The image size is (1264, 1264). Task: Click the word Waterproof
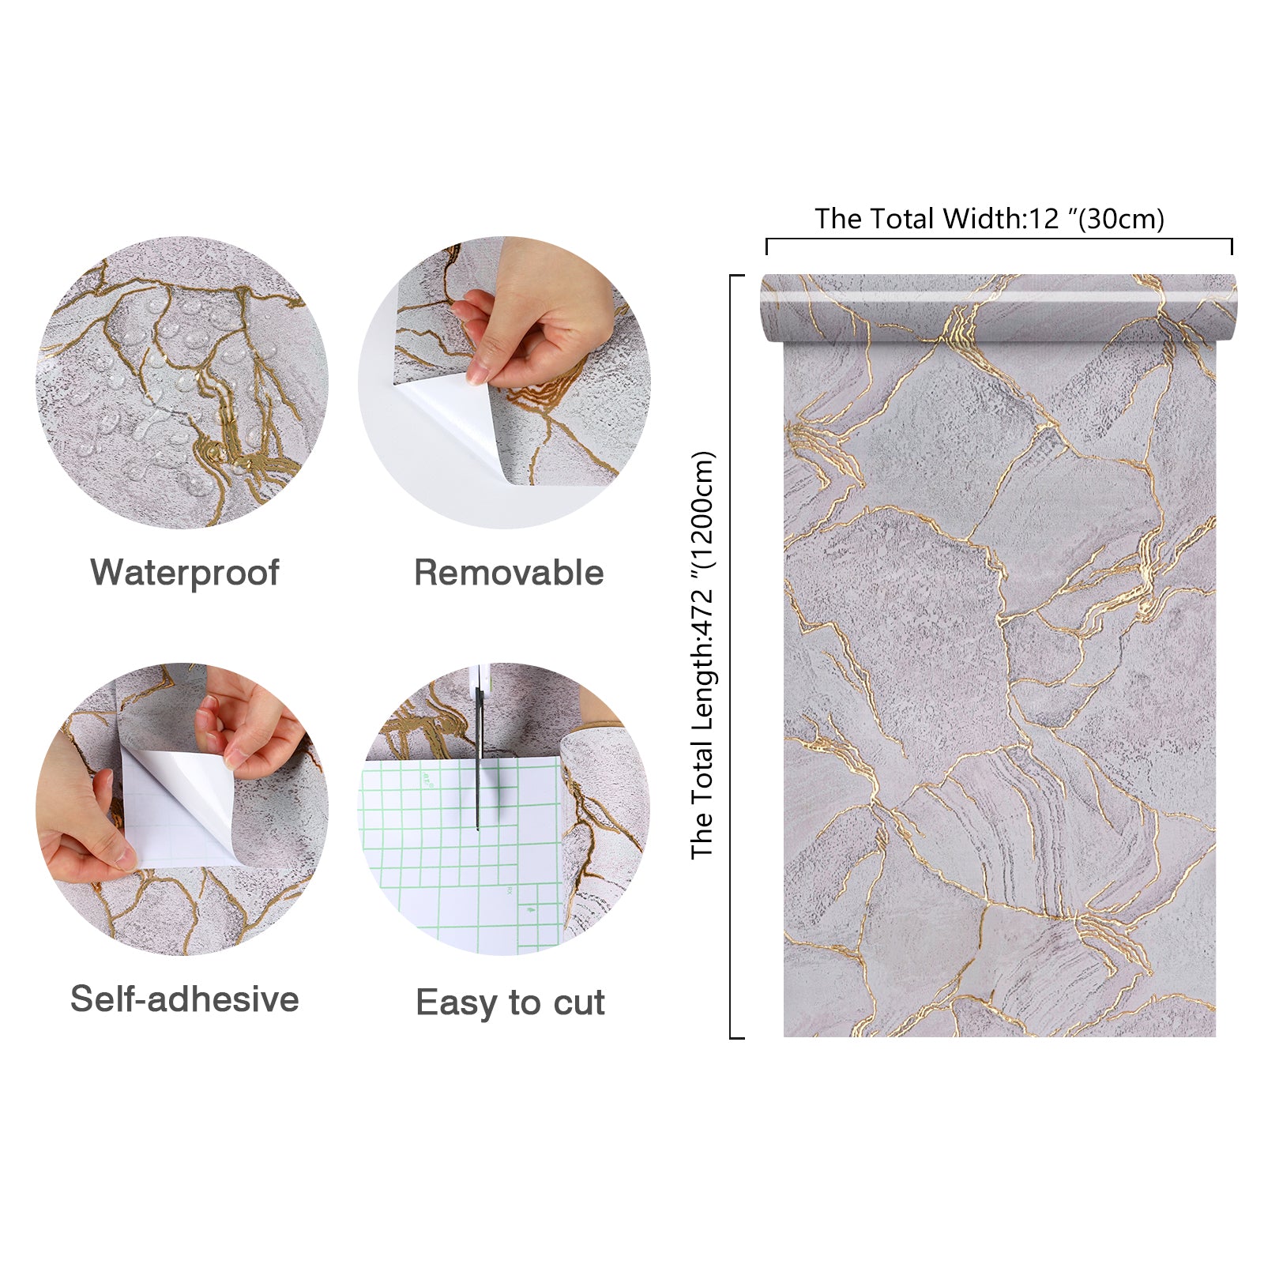point(185,573)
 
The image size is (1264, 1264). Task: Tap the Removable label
point(509,573)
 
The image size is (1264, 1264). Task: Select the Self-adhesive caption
point(185,999)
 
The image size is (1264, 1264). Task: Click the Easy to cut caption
point(510,1003)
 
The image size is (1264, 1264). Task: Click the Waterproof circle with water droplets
point(182,382)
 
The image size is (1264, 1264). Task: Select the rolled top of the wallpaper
point(999,308)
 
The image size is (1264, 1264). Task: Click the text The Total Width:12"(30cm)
point(989,218)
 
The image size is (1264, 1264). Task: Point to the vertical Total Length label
point(702,655)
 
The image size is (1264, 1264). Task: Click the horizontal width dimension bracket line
point(999,239)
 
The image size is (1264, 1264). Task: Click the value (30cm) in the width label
point(1122,218)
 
